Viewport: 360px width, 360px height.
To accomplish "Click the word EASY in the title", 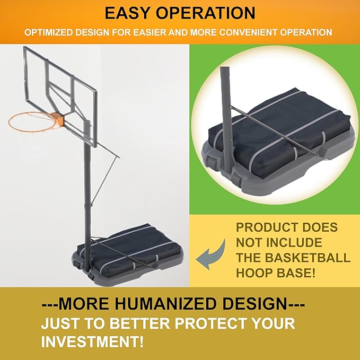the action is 127,13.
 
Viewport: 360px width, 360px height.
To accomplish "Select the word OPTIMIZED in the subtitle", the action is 49,32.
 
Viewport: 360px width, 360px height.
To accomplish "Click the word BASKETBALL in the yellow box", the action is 308,258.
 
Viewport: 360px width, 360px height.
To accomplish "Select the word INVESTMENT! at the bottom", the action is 92,341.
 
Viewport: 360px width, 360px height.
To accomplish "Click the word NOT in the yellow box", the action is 249,243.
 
